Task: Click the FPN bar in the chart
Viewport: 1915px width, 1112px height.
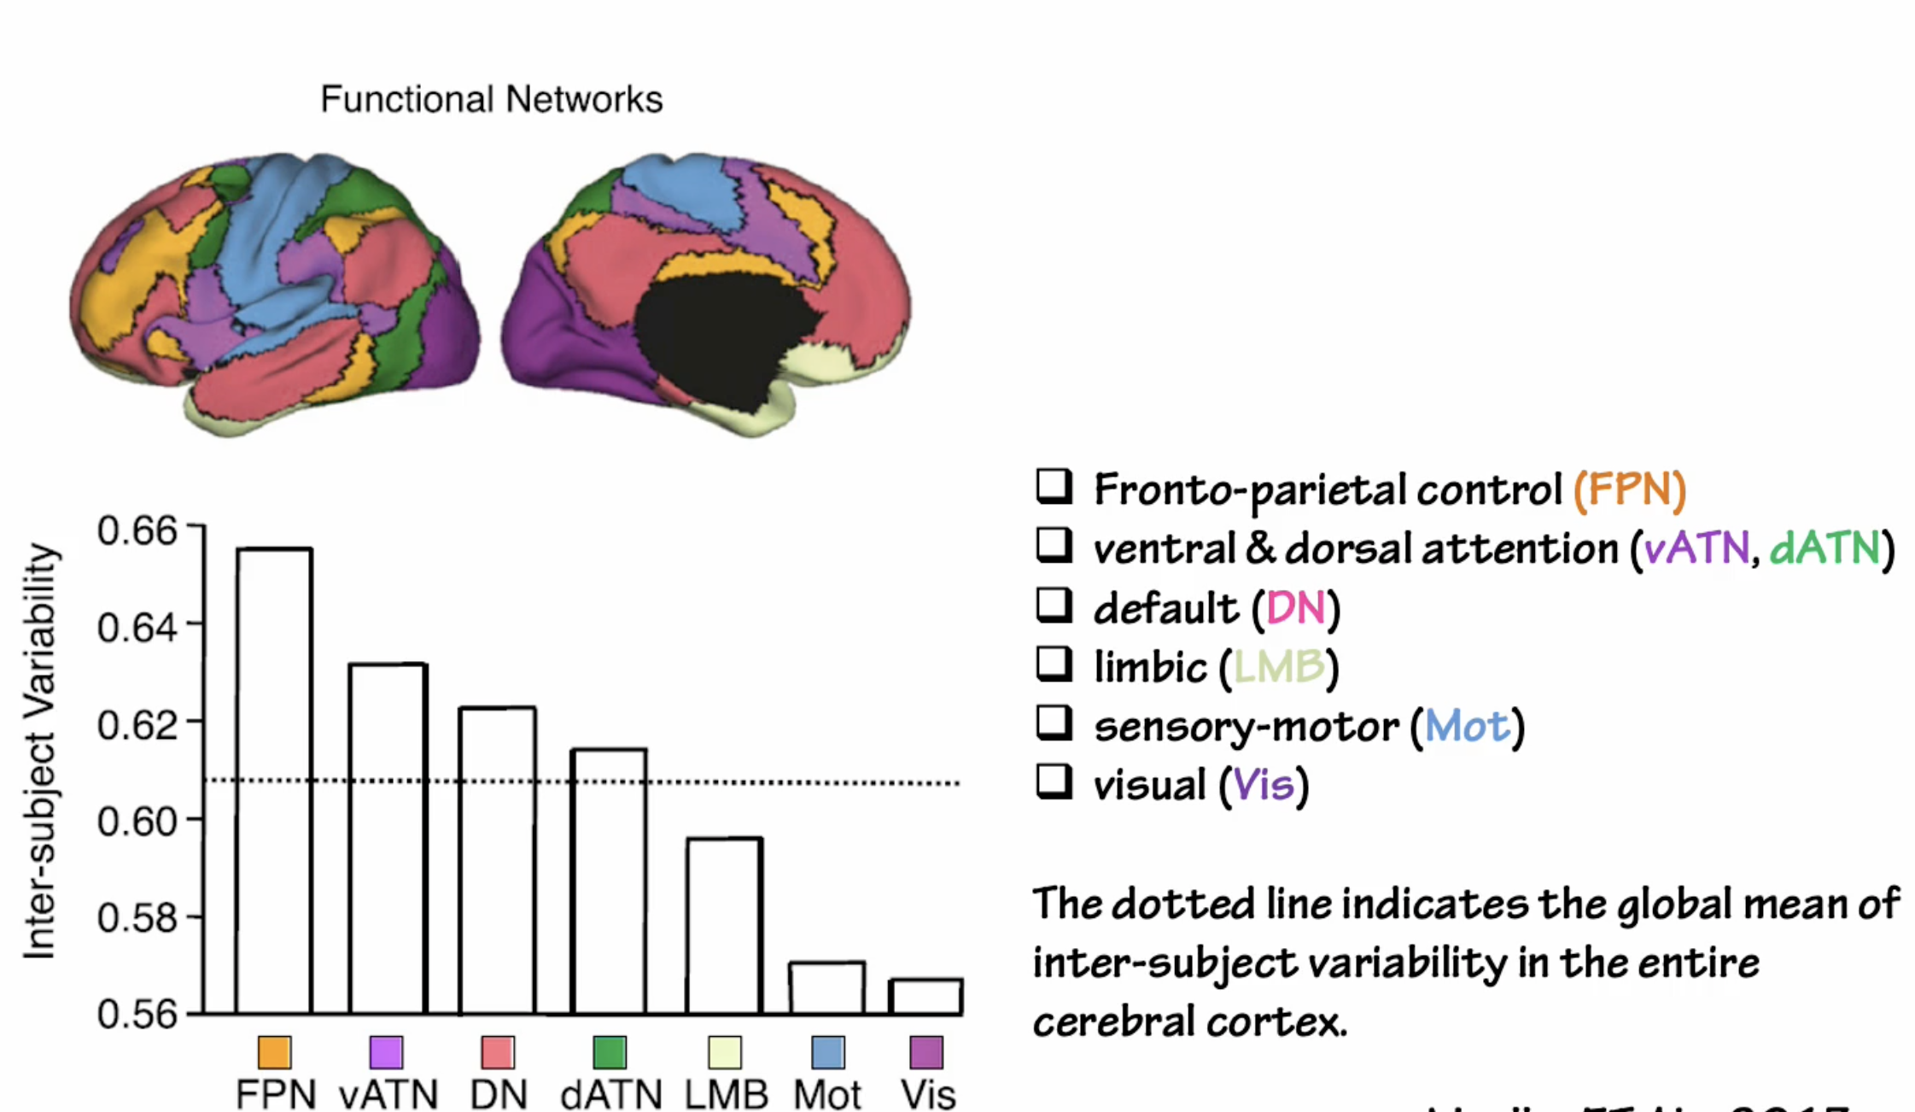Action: coord(274,781)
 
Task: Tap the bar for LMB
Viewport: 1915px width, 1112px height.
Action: coord(725,926)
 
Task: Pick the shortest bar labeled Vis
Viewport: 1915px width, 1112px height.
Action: coord(925,997)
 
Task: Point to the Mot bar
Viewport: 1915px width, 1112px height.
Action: coord(826,988)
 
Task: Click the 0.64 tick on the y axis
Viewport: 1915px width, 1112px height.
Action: coord(137,628)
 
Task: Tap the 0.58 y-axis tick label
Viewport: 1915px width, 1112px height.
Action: coord(137,918)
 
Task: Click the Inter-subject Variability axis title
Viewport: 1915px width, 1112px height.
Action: coord(39,751)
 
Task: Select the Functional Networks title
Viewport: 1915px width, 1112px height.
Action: coord(491,99)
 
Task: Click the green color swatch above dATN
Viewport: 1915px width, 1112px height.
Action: coord(610,1052)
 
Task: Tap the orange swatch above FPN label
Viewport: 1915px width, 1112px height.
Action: coord(274,1052)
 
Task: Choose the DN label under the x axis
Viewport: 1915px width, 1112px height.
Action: coord(499,1095)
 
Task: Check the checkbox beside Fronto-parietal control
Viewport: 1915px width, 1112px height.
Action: coord(1054,487)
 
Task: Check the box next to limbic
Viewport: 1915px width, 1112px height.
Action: coord(1054,664)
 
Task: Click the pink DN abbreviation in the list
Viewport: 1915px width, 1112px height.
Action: coord(1295,609)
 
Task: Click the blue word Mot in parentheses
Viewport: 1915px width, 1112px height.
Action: coord(1467,727)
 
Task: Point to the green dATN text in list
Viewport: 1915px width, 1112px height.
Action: coord(1825,548)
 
